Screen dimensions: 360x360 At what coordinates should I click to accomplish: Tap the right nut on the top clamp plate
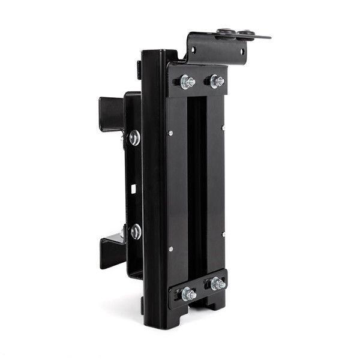216,81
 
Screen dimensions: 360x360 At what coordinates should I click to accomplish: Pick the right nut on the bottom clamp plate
217,283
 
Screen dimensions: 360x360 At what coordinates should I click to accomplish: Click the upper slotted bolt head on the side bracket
134,138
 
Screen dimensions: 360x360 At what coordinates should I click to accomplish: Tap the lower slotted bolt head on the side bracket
136,232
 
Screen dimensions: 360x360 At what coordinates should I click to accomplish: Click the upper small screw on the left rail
170,133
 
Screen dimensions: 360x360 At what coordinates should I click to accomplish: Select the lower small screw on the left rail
170,248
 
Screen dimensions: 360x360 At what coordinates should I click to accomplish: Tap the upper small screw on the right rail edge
223,127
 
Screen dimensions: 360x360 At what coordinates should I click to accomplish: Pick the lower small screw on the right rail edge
223,234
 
